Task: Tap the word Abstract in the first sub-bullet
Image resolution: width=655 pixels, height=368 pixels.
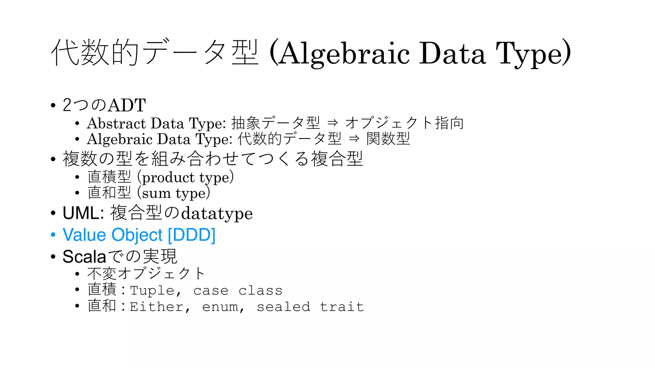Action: (x=116, y=123)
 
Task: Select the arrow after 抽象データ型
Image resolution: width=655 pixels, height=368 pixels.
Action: (x=333, y=123)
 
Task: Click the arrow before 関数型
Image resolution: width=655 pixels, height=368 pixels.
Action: (x=354, y=139)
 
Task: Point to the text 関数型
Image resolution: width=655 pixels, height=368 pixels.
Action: (x=388, y=139)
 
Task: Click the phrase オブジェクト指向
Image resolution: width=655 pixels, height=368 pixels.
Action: (x=405, y=123)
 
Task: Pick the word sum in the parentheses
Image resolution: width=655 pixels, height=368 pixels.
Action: (x=156, y=193)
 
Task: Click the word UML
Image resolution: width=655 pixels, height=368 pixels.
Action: (x=81, y=213)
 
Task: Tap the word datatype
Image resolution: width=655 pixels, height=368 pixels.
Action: (x=217, y=213)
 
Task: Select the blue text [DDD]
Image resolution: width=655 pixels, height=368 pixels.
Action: (x=192, y=235)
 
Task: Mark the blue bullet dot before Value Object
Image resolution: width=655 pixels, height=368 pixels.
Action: (x=53, y=235)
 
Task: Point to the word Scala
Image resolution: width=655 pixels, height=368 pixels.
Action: (x=84, y=257)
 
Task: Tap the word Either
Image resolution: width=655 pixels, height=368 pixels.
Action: (x=156, y=307)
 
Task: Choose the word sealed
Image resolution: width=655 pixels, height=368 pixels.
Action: (x=283, y=307)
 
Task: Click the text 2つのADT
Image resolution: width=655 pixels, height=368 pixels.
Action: (x=104, y=105)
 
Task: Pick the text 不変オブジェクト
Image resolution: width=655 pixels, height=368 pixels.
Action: (x=146, y=273)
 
